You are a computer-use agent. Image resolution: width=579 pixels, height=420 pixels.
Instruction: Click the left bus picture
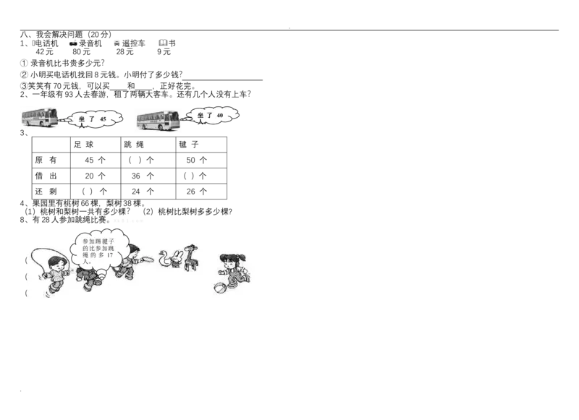click(x=41, y=118)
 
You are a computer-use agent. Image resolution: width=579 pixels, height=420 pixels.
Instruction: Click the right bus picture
click(x=159, y=119)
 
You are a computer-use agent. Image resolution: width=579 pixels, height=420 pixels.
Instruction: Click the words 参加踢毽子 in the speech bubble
click(x=98, y=242)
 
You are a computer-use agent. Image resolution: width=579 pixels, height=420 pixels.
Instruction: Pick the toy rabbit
click(x=177, y=258)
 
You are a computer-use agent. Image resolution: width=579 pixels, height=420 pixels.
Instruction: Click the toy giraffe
click(x=191, y=256)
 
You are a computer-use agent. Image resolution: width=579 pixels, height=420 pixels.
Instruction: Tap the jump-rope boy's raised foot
click(x=48, y=293)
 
